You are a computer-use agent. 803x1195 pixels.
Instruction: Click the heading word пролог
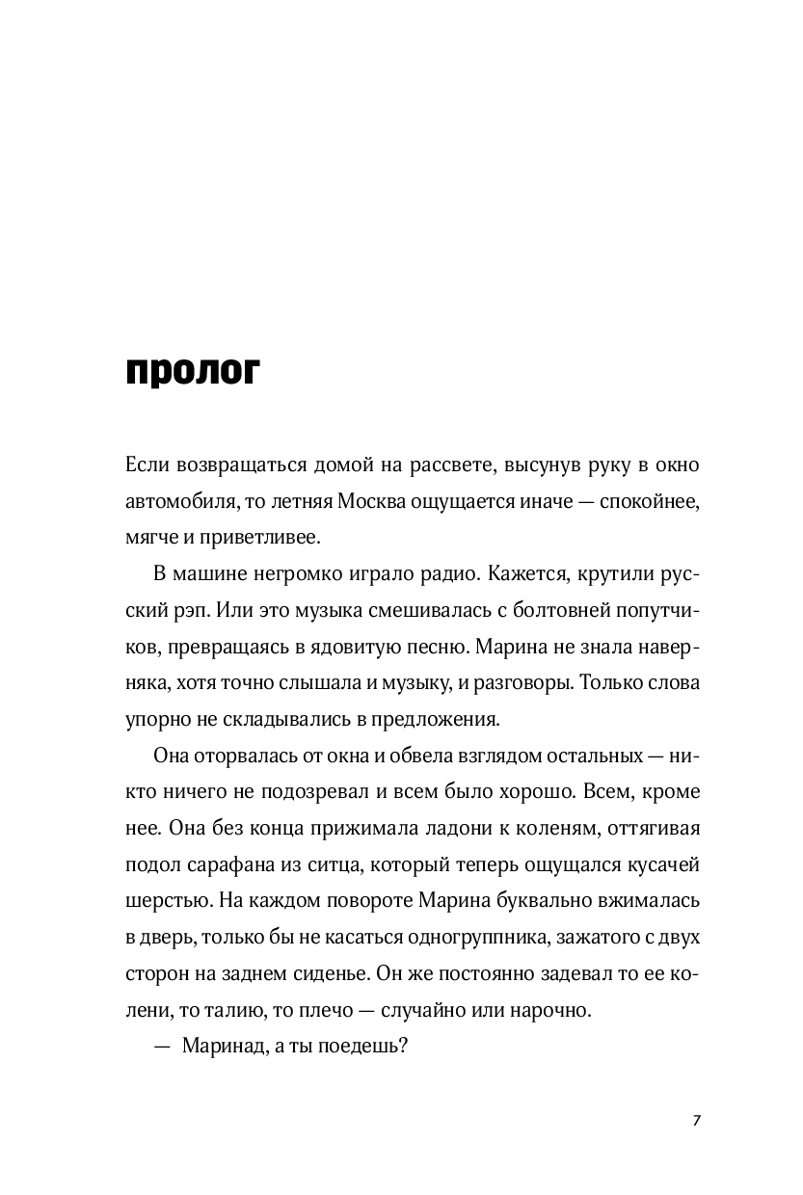[193, 371]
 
